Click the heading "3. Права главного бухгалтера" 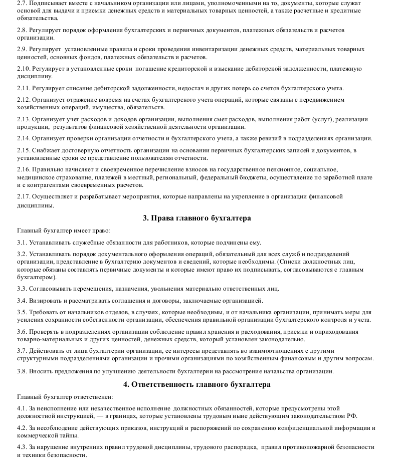[x=197, y=218]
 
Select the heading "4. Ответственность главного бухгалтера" [x=197, y=384]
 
